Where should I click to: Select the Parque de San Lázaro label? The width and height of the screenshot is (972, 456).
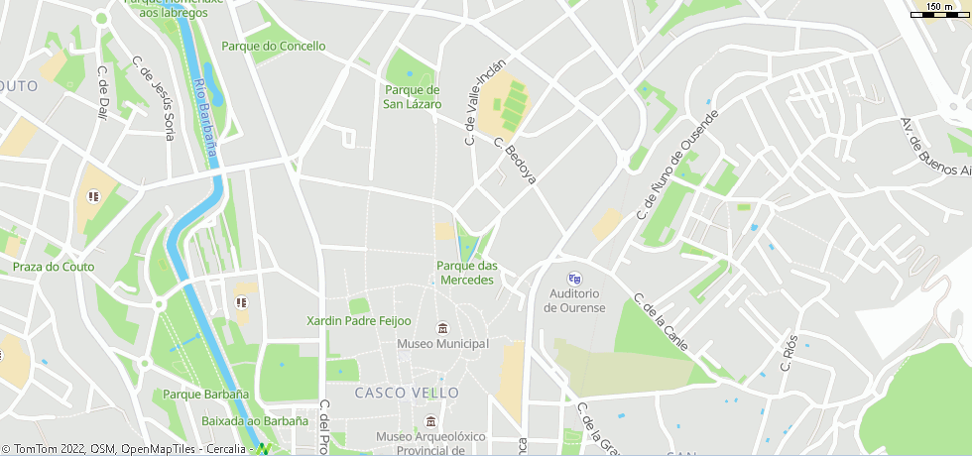point(413,97)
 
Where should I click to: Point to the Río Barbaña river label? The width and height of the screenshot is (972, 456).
point(205,113)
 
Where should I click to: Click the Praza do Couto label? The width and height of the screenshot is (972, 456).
point(54,267)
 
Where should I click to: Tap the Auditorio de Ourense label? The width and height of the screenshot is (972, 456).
point(574,300)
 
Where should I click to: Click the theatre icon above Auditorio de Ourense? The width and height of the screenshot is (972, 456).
point(574,279)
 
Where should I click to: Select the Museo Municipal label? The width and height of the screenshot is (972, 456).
point(443,344)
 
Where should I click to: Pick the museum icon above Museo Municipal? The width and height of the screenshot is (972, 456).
point(443,328)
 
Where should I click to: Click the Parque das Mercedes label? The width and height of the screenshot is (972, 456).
point(466,273)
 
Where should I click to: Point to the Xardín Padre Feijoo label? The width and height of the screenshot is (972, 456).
point(358,321)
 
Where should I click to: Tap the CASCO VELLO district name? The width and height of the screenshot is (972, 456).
point(407,393)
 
